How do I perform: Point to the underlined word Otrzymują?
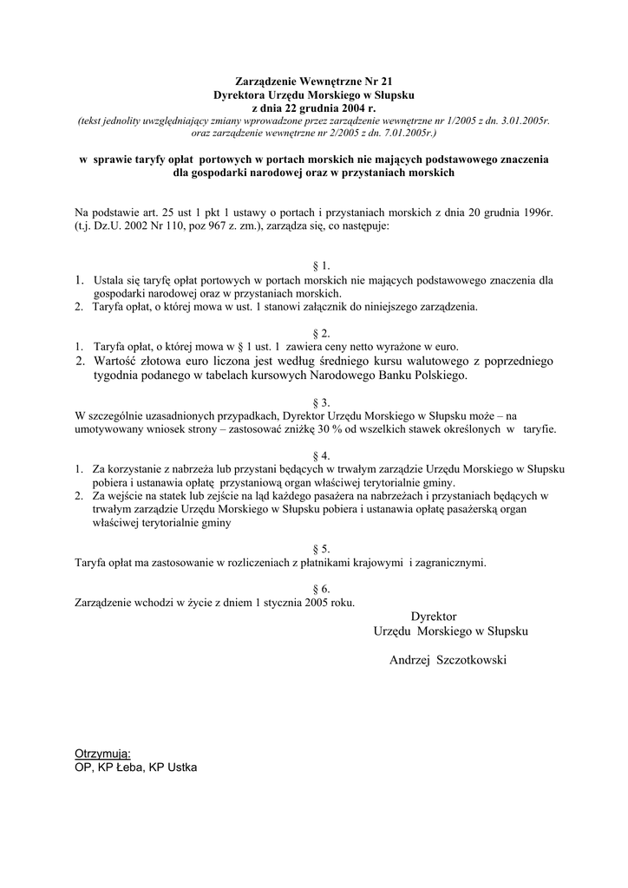(x=102, y=754)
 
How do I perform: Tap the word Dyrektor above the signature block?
(x=434, y=616)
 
